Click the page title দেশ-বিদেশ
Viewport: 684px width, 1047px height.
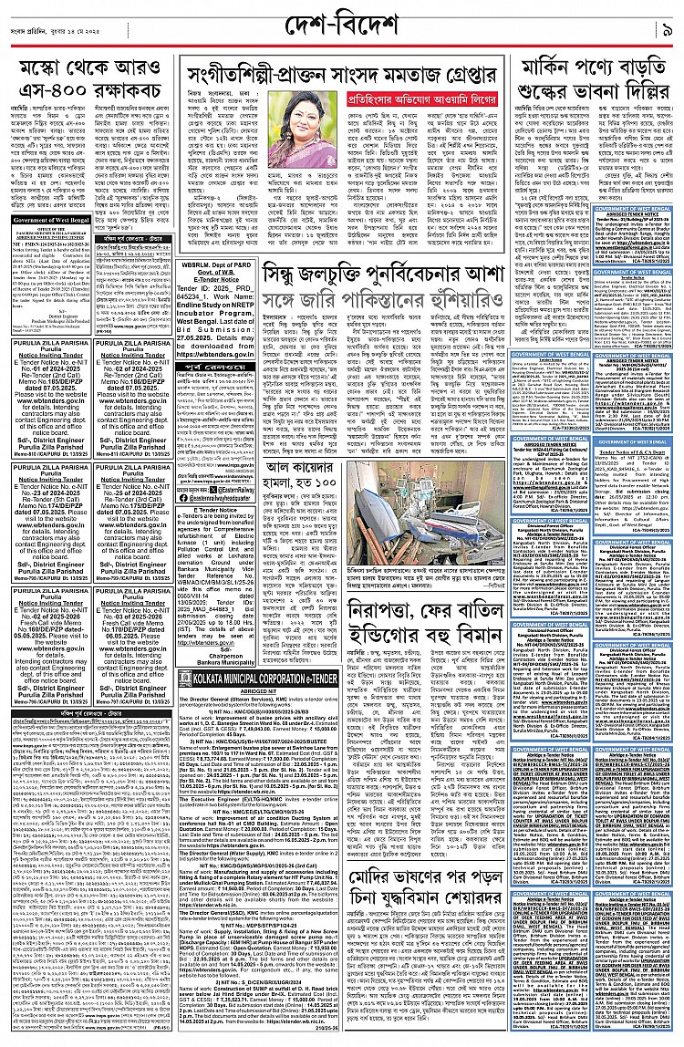tap(341, 21)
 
